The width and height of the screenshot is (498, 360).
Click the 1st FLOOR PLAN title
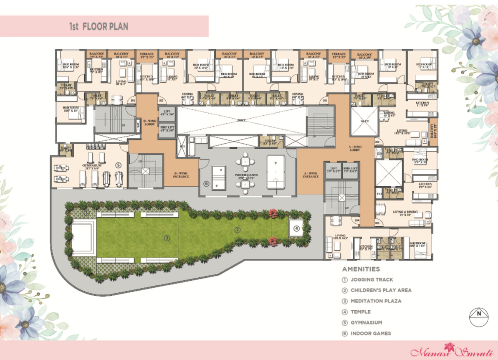tap(99, 27)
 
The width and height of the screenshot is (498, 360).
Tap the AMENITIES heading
tap(361, 269)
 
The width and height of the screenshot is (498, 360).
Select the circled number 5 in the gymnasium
tap(119, 165)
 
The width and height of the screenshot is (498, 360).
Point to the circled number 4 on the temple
tap(296, 228)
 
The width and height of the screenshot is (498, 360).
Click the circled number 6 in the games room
tap(206, 183)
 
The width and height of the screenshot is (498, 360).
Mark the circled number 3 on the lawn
tap(167, 238)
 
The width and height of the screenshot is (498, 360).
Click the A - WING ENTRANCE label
tap(310, 175)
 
